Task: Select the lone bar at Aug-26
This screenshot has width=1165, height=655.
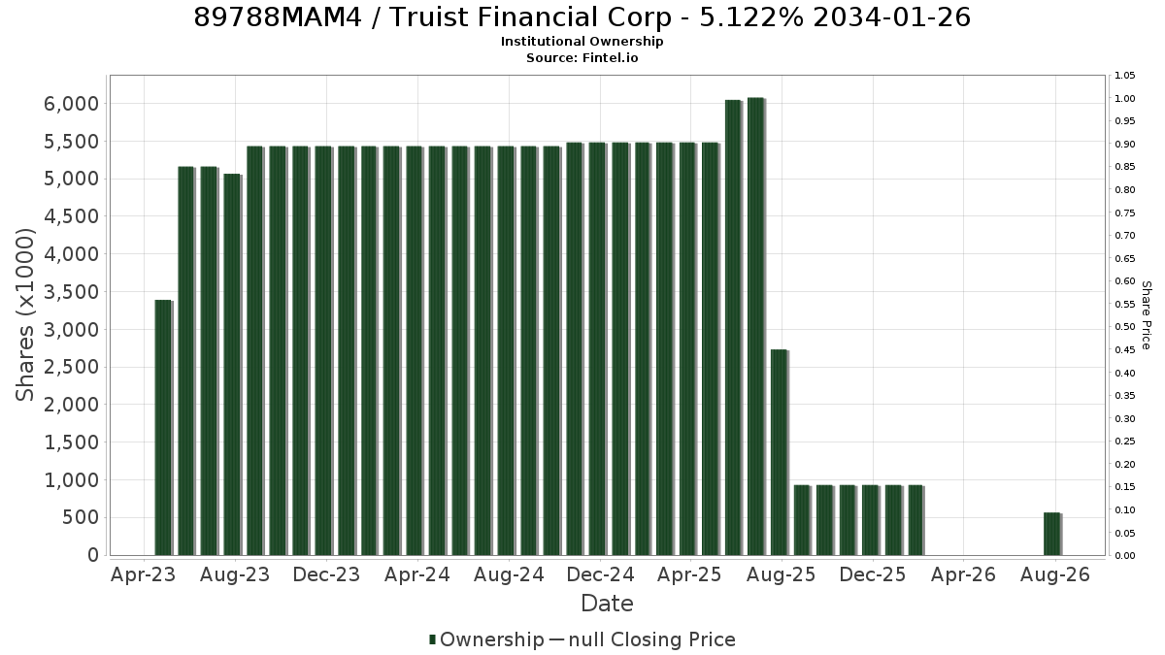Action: point(1052,534)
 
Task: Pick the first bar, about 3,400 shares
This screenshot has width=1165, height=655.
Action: point(163,428)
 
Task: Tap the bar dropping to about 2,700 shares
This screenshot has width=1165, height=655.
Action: point(779,452)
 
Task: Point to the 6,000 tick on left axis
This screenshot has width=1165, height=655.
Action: point(71,104)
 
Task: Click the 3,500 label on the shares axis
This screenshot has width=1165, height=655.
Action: point(71,292)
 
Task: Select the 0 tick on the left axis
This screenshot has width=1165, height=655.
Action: point(93,555)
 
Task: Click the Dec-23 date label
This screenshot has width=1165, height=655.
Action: point(326,574)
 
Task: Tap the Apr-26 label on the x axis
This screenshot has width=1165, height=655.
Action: point(963,574)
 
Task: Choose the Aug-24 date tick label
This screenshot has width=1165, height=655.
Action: point(509,574)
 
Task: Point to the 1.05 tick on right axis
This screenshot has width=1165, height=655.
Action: point(1125,76)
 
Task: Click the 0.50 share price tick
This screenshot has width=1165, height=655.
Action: point(1125,327)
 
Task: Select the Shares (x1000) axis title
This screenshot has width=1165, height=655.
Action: point(24,315)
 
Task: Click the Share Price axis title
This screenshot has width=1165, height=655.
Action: point(1146,315)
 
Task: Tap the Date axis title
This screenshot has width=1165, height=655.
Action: point(607,604)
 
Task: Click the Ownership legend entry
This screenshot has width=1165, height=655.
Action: point(486,639)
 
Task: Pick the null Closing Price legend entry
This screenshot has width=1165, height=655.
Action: point(643,639)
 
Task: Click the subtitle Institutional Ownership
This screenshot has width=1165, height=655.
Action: point(582,42)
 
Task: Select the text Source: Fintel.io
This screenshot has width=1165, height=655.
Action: point(582,57)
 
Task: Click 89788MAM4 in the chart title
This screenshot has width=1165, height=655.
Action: point(278,17)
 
